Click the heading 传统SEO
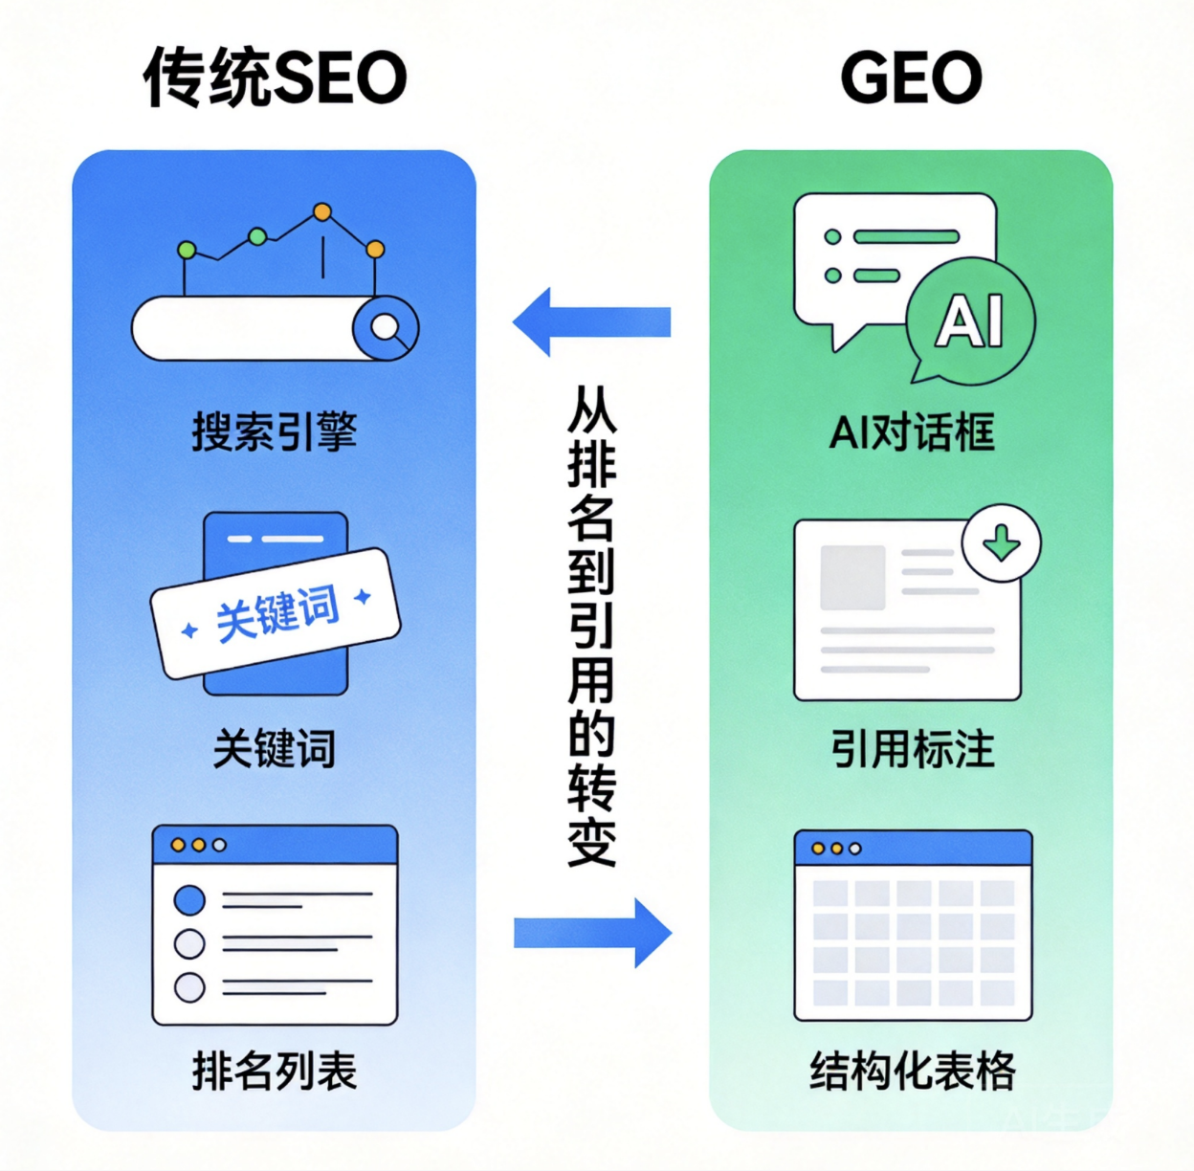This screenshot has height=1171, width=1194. click(275, 78)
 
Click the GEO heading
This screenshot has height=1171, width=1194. click(911, 78)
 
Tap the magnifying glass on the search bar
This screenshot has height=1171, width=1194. click(386, 328)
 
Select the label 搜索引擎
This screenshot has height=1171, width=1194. click(275, 431)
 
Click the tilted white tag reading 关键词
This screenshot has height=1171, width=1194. click(276, 613)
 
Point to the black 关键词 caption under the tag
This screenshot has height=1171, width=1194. click(275, 748)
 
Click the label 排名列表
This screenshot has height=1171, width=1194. click(275, 1071)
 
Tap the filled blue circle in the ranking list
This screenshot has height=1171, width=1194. click(189, 900)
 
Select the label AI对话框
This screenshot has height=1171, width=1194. click(912, 431)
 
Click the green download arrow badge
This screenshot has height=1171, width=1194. click(1002, 542)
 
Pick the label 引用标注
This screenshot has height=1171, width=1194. click(913, 748)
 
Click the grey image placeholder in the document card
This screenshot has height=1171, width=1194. click(852, 578)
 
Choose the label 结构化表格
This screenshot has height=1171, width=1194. click(912, 1071)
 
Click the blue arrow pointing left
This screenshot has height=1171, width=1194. click(591, 322)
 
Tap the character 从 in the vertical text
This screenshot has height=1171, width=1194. click(592, 409)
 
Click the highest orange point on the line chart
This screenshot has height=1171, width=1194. click(322, 212)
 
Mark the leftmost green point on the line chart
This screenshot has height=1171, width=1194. click(187, 250)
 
